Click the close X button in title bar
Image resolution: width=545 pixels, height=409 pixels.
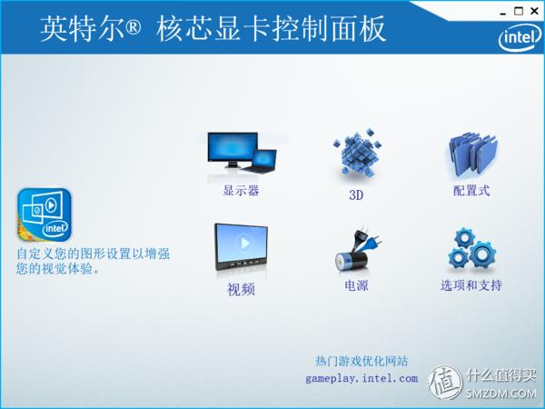pos(534,11)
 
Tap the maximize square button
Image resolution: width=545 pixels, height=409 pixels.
pos(519,11)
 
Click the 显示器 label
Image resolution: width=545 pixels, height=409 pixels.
pos(242,191)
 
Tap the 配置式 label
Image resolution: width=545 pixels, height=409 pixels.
pos(471,191)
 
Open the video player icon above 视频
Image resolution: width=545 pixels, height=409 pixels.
pos(241,248)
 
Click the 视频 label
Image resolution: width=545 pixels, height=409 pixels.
pos(242,290)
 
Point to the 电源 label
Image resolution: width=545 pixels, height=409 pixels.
pos(356,285)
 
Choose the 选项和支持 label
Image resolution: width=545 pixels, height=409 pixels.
pos(471,285)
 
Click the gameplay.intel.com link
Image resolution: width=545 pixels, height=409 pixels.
pos(362,378)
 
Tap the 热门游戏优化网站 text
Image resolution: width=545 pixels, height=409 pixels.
pos(362,361)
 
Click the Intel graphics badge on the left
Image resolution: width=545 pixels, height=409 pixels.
pos(44,214)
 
